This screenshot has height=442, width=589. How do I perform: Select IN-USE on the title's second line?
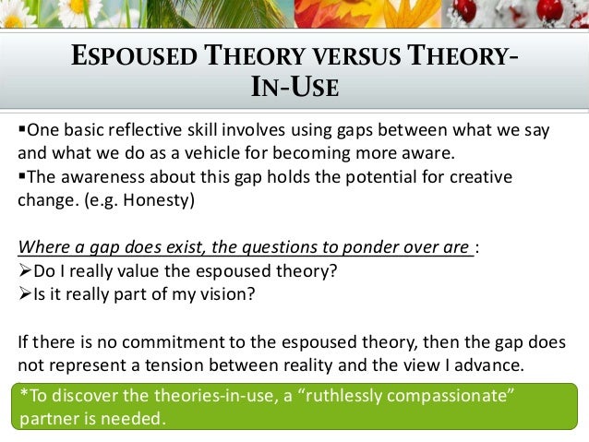(x=294, y=90)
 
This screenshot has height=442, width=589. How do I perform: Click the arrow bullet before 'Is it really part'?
(x=25, y=294)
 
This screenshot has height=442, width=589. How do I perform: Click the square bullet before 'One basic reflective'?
(x=23, y=129)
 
